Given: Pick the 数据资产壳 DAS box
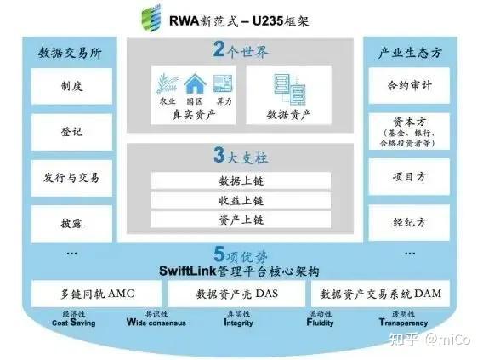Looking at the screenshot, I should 234,294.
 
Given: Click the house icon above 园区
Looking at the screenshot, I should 195,83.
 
